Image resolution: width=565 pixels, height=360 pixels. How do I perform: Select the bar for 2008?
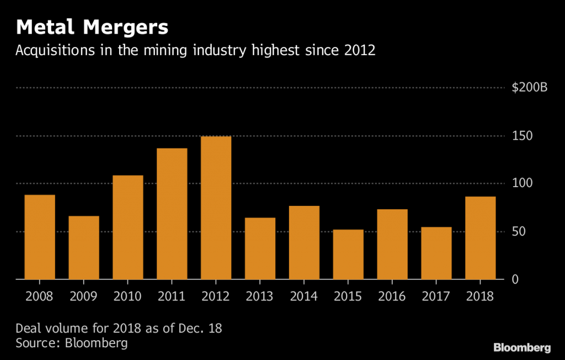click(x=40, y=237)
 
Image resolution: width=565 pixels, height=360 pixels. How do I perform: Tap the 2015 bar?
click(x=348, y=255)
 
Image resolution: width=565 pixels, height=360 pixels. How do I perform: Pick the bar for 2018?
click(x=480, y=238)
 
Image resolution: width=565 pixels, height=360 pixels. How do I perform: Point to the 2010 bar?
click(x=128, y=227)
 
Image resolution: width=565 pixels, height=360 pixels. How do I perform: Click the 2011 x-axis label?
click(x=172, y=297)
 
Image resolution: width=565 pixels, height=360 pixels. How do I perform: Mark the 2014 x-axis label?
click(x=304, y=297)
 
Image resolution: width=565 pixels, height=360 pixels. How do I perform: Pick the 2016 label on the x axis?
click(x=392, y=297)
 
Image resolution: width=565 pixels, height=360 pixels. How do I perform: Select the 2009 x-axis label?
click(x=84, y=297)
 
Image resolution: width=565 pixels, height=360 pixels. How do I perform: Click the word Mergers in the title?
click(x=122, y=27)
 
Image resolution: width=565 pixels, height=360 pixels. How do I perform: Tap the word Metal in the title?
click(x=43, y=27)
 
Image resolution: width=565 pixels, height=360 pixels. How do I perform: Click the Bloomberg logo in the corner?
click(x=521, y=348)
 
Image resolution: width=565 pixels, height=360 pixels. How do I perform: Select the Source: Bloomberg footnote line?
click(x=71, y=343)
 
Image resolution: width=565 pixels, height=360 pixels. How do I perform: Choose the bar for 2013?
click(x=260, y=248)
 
